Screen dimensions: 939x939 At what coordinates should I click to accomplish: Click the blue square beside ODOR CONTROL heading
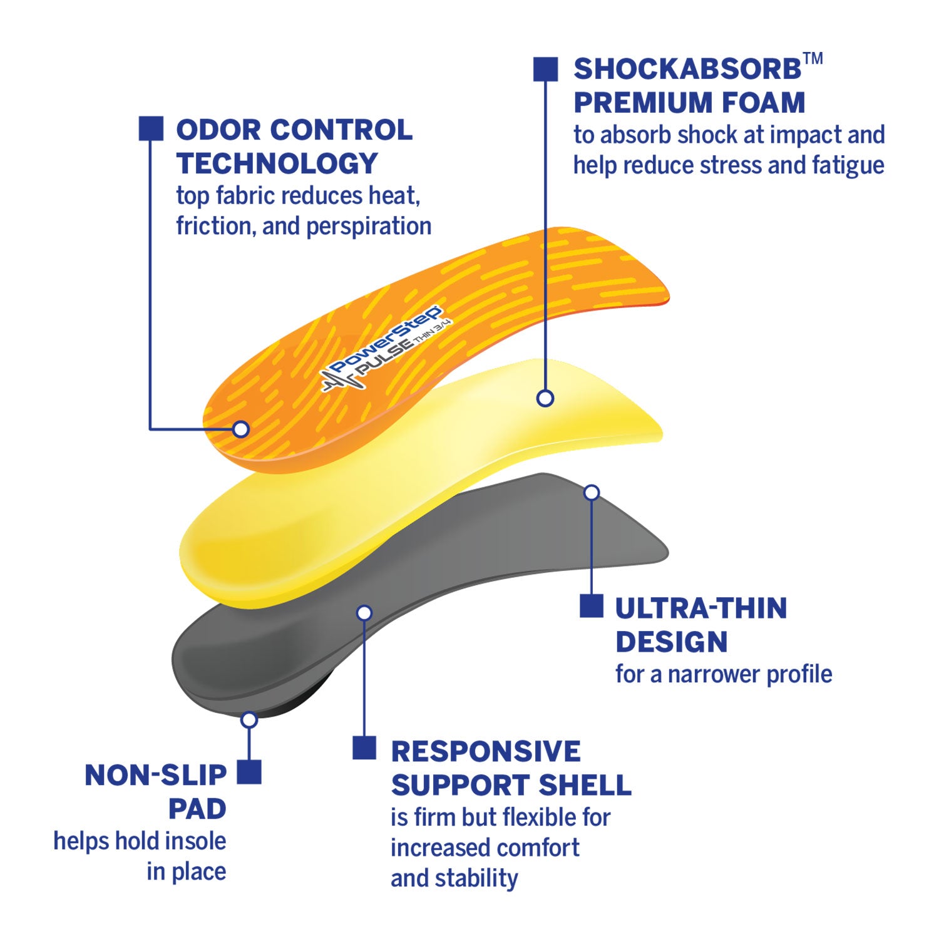(151, 128)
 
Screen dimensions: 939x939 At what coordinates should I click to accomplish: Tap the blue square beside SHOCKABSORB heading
(545, 69)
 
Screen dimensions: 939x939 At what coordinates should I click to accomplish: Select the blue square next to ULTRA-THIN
(591, 605)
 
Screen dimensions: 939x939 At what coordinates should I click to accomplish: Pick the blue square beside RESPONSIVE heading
(364, 747)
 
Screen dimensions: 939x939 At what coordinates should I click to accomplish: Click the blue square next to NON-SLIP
(249, 772)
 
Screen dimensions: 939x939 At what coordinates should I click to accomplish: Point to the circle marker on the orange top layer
(241, 429)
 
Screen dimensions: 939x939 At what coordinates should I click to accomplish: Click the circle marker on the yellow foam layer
(545, 398)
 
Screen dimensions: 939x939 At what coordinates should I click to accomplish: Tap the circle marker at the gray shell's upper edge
(591, 493)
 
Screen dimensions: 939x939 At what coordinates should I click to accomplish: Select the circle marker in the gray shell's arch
(364, 613)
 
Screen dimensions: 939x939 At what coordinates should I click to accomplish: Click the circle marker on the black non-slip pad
(249, 720)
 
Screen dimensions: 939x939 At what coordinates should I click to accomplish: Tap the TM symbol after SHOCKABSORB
(813, 59)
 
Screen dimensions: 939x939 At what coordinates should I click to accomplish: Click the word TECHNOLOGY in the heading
(277, 164)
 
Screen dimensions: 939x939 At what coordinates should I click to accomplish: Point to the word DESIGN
(671, 642)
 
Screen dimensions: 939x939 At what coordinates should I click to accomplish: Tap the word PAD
(197, 809)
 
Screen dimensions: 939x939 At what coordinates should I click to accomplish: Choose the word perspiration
(369, 226)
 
